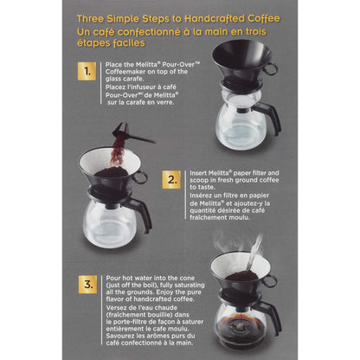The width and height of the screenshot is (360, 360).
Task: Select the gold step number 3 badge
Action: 87,282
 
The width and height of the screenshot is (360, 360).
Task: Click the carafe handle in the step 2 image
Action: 141,211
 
